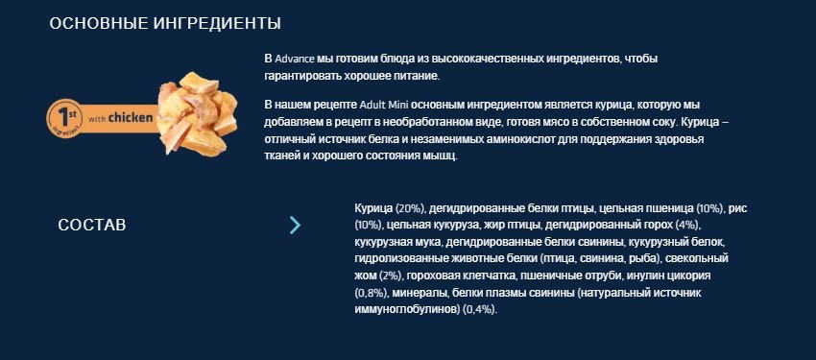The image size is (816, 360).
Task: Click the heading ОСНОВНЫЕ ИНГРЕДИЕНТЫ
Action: pyautogui.click(x=165, y=23)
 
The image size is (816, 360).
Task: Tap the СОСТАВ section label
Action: pyautogui.click(x=92, y=225)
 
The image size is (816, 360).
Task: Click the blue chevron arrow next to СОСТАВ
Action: pyautogui.click(x=295, y=225)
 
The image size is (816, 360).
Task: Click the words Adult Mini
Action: pyautogui.click(x=385, y=103)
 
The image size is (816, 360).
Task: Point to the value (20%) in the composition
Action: pyautogui.click(x=409, y=207)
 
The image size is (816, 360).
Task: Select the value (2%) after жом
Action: pyautogui.click(x=390, y=276)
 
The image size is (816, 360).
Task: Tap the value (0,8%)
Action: pyautogui.click(x=372, y=294)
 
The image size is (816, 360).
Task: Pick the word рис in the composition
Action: pyautogui.click(x=739, y=207)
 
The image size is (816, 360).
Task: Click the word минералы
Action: pyautogui.click(x=420, y=294)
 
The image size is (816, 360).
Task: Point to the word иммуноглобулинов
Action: pyautogui.click(x=406, y=311)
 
